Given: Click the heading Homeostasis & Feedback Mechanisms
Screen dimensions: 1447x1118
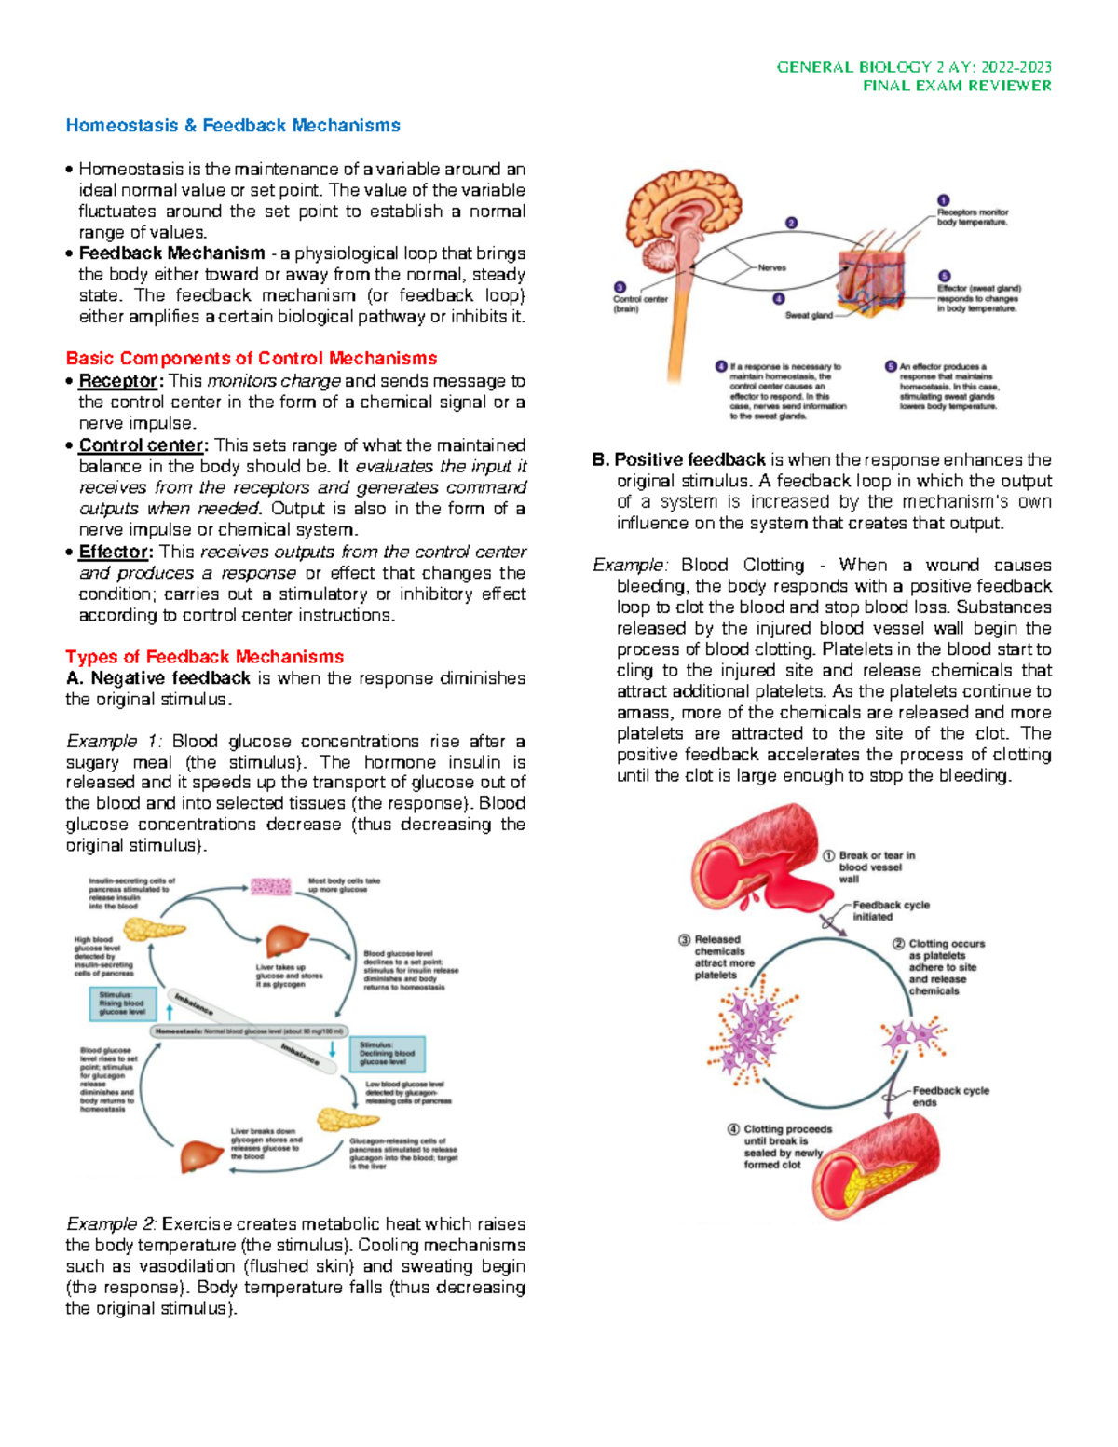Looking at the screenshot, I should (233, 126).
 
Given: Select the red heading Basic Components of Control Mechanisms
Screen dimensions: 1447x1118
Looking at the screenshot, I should (252, 359).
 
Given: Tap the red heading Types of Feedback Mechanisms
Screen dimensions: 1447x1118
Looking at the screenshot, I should (205, 657).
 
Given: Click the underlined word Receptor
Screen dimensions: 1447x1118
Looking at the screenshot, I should (118, 381).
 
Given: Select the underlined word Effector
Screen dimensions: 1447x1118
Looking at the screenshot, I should (114, 552).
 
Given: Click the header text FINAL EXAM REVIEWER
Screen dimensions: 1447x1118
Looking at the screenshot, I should (957, 86).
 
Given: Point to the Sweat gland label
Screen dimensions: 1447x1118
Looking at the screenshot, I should (809, 316).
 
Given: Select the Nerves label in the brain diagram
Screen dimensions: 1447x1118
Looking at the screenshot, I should (771, 267).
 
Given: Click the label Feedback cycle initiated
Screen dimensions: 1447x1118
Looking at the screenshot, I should (891, 910).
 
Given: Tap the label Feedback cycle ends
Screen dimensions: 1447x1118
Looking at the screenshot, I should (950, 1096).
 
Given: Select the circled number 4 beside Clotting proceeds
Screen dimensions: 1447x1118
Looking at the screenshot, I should (734, 1129).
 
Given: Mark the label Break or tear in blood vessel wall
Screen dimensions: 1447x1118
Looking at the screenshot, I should (876, 867).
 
